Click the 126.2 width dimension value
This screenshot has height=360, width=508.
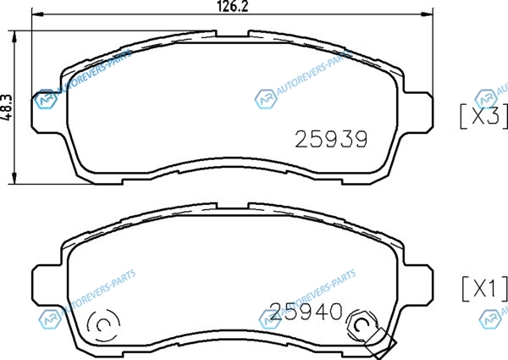pyautogui.click(x=232, y=6)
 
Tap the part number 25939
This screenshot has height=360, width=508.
pyautogui.click(x=331, y=139)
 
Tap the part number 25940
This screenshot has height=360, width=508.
pyautogui.click(x=306, y=312)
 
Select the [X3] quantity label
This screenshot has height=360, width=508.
pyautogui.click(x=483, y=116)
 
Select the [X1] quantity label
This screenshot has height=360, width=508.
pyautogui.click(x=484, y=288)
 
